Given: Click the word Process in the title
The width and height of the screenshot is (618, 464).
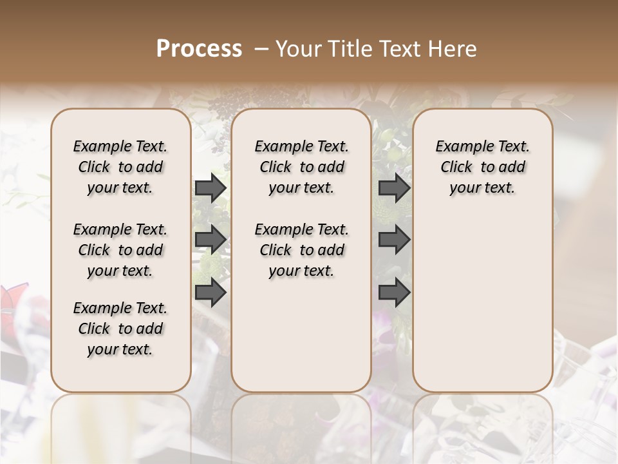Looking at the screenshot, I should point(199,49).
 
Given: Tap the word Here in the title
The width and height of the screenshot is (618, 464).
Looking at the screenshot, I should point(453,49).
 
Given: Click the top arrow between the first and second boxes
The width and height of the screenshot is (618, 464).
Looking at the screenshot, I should point(211,188).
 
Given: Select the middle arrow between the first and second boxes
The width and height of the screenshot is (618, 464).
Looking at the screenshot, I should point(211,240).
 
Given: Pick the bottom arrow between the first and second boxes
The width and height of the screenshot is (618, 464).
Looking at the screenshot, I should point(211,293).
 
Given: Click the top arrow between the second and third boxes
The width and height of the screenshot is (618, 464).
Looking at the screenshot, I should point(394,188).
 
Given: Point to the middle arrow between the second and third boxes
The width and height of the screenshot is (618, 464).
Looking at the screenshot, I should point(394,240).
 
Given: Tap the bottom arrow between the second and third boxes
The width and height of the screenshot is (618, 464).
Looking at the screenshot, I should point(394,293).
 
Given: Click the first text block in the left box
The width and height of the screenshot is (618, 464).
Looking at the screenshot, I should point(120,167).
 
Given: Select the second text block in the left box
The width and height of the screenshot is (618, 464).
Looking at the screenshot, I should point(120,250).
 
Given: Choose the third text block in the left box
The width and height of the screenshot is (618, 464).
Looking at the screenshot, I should point(120,329).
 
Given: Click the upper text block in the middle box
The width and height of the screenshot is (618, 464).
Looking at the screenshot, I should point(301,167).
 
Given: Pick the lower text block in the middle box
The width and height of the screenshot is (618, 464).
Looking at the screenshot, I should point(301,250).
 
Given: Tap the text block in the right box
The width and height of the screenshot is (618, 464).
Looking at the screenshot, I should point(482,167).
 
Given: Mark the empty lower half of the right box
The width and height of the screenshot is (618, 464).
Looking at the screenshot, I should point(482,303).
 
